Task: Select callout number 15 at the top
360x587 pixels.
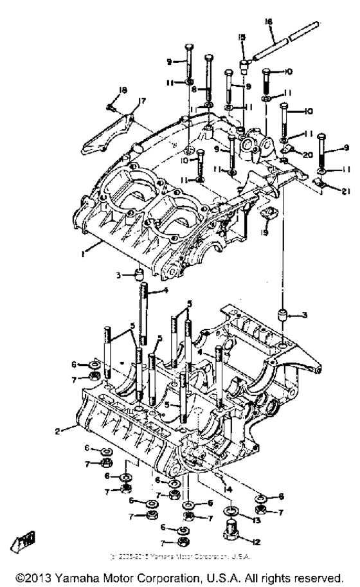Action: point(243,39)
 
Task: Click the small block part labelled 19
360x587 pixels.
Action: point(264,213)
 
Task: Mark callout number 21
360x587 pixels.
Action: point(342,192)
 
